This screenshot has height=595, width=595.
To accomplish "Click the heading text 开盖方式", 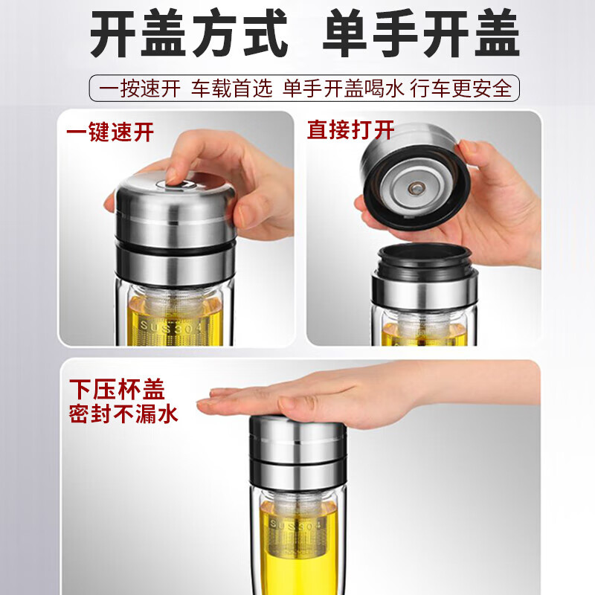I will click(x=188, y=35).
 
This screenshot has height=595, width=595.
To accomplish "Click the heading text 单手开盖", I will click(x=419, y=35).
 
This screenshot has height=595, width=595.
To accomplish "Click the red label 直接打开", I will click(x=350, y=130).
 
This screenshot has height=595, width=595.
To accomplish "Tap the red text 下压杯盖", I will click(x=117, y=389).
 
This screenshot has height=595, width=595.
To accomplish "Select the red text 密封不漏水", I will click(x=123, y=414).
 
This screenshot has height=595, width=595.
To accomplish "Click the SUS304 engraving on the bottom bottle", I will click(x=296, y=524).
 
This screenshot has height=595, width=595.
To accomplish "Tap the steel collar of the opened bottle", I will click(x=425, y=286).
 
